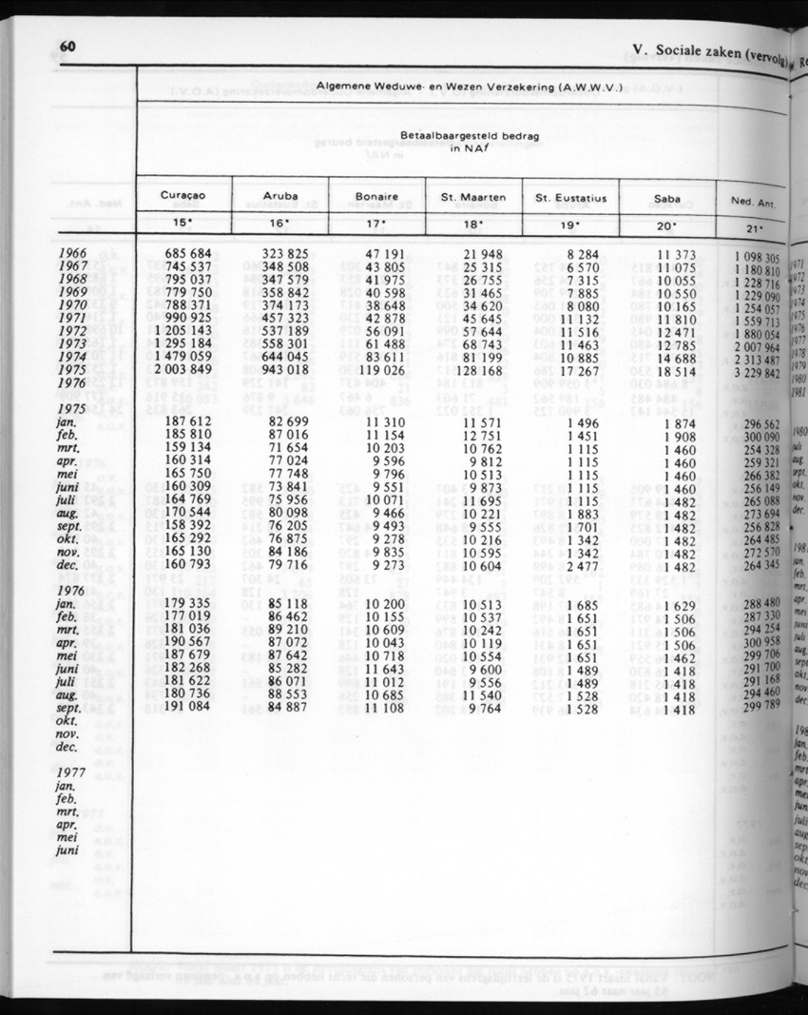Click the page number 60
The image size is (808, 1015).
tap(67, 49)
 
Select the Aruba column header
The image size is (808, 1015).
tap(279, 197)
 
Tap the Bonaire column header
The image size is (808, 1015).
tap(376, 197)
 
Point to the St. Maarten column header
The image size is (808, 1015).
tap(473, 198)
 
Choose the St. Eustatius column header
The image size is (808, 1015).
tap(570, 198)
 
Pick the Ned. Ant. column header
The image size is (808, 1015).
tap(756, 202)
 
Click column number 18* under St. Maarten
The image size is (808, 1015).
tap(473, 225)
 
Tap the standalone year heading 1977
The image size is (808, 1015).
tap(73, 774)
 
